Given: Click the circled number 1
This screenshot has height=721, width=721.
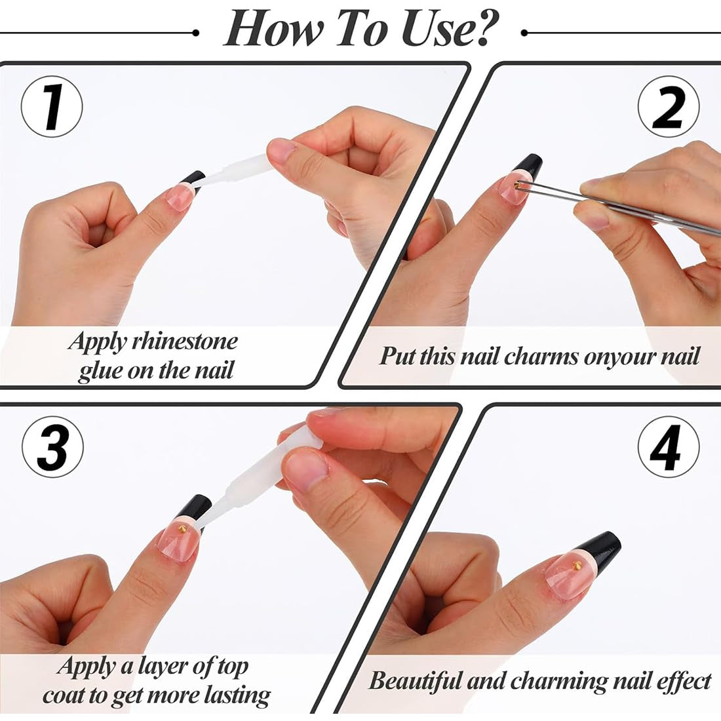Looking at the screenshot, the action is tap(52, 107).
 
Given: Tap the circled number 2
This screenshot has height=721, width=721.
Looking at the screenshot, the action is tap(669, 107).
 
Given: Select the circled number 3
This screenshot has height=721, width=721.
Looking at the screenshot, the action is tap(52, 447).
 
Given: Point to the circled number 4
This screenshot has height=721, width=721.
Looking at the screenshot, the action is tap(669, 447).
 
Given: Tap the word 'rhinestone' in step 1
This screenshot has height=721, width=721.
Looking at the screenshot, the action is tap(185, 341).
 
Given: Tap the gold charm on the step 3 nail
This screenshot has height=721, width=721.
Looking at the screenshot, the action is tap(182, 530).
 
